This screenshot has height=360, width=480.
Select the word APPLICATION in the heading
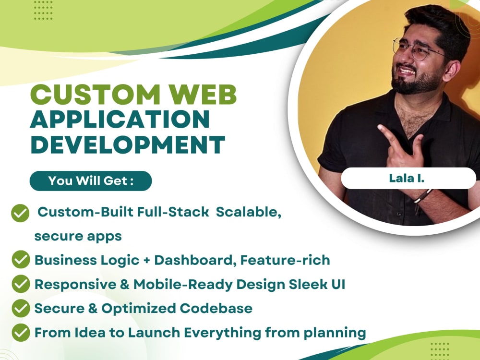120,120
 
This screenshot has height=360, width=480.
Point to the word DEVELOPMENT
128,144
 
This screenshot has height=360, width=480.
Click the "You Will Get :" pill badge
91,181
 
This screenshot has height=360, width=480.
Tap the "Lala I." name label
408,179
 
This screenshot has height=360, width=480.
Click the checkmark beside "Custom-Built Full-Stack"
20,213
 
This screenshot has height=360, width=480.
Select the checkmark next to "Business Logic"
20,260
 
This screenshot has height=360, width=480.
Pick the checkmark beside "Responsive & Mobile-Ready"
20,284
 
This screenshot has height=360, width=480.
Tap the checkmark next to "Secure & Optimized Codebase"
20,308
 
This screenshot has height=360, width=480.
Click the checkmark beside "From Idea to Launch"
20,332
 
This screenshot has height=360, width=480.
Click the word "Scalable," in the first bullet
248,212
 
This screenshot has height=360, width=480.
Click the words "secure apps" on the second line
78,236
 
